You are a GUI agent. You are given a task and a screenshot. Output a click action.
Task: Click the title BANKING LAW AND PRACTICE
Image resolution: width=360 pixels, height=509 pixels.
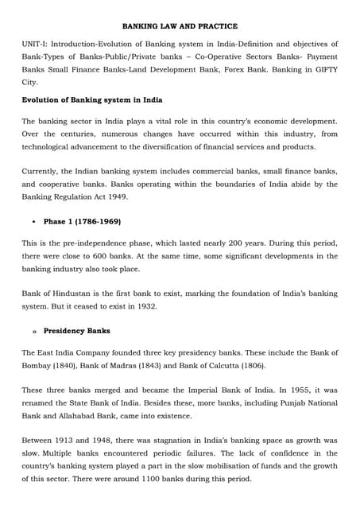180,26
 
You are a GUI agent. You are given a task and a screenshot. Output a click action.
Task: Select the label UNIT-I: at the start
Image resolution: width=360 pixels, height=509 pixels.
37,44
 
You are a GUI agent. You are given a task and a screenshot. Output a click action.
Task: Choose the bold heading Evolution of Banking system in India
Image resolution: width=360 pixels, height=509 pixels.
91,99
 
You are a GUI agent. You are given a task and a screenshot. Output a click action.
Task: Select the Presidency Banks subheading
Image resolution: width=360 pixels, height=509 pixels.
76,330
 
